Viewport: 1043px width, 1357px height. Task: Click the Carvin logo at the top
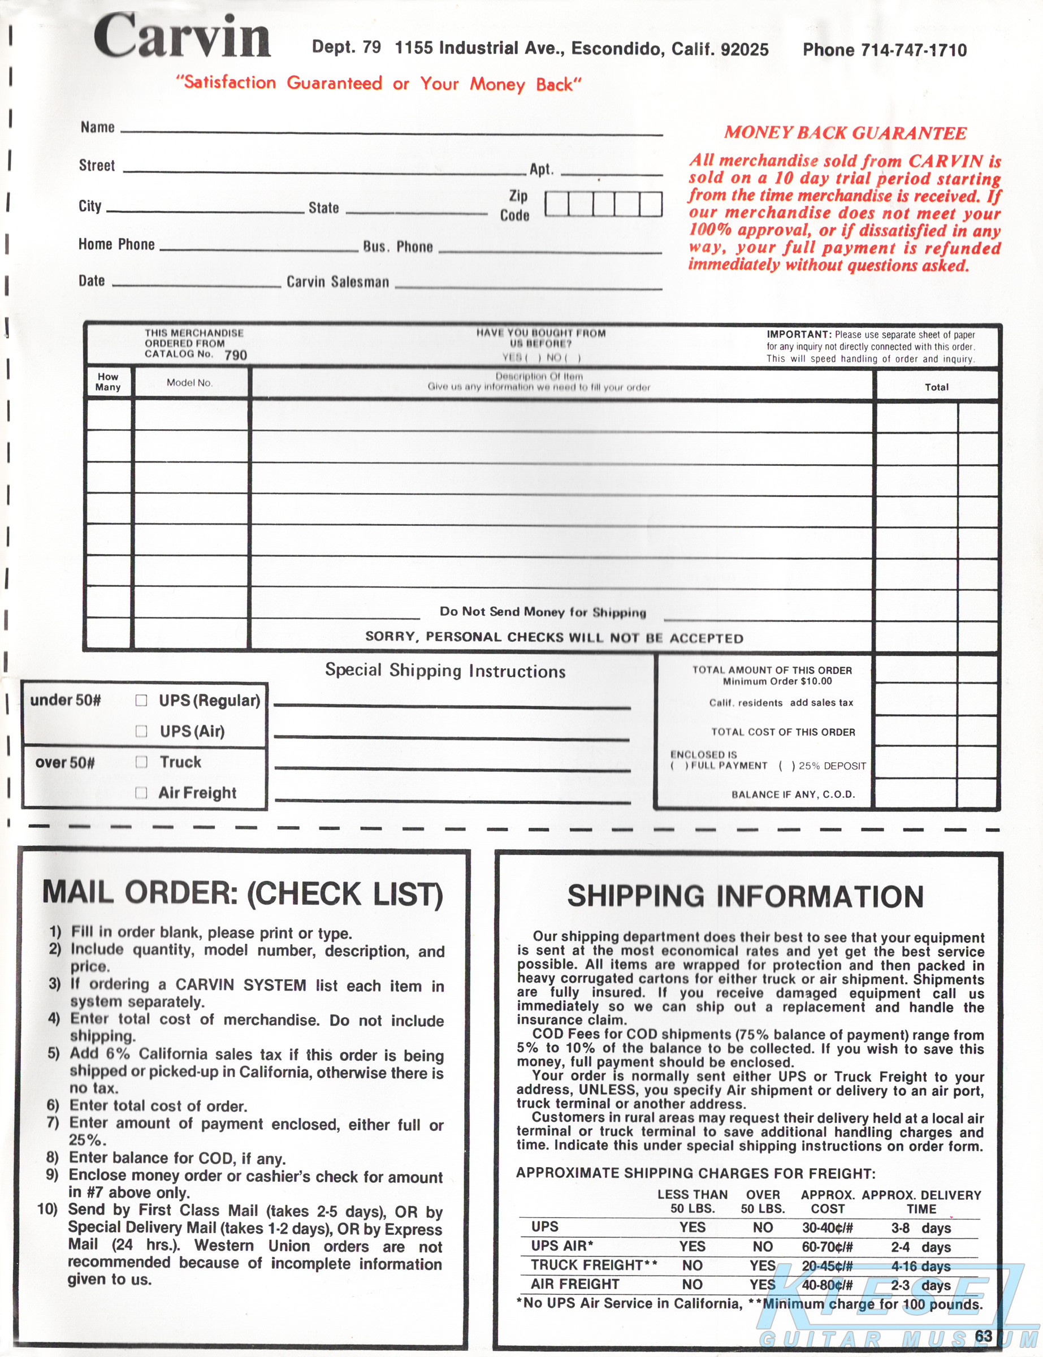(182, 37)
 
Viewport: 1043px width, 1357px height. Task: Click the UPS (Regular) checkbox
(141, 700)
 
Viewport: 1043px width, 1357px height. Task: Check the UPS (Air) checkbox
(141, 731)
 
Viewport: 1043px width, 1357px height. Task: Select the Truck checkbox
(141, 762)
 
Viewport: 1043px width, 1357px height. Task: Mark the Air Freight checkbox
(141, 793)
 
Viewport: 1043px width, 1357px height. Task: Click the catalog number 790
(236, 355)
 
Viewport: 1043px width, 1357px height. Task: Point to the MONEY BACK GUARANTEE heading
(845, 133)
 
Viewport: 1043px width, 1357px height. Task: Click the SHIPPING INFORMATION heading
(745, 896)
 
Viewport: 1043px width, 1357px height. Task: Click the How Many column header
(108, 382)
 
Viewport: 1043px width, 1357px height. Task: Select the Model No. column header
(189, 383)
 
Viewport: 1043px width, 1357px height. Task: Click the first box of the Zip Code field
(557, 204)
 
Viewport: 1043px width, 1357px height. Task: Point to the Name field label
(97, 127)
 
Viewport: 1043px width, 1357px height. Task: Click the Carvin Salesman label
(337, 282)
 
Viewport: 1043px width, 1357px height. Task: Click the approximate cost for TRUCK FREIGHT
(827, 1266)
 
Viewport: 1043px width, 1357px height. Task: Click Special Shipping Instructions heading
(445, 671)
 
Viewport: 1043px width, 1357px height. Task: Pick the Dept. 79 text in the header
(347, 47)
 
